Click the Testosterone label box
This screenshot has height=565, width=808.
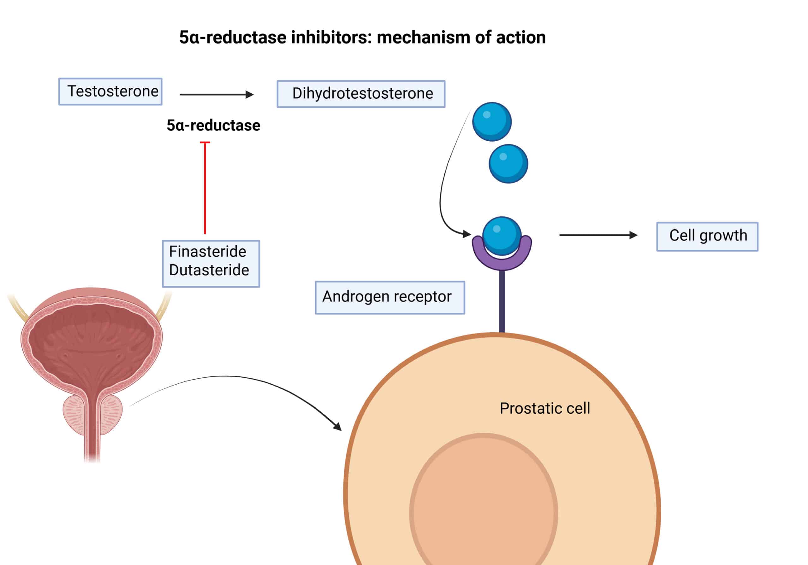click(110, 91)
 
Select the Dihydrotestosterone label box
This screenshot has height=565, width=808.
click(361, 94)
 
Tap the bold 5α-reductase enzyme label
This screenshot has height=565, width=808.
click(213, 125)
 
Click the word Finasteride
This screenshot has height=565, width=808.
click(207, 252)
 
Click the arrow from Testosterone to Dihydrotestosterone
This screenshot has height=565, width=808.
click(217, 94)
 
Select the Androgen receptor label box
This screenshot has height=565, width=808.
click(389, 297)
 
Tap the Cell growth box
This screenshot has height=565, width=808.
click(707, 236)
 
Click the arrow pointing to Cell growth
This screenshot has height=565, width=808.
click(598, 235)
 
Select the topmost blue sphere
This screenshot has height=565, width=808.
click(491, 122)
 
